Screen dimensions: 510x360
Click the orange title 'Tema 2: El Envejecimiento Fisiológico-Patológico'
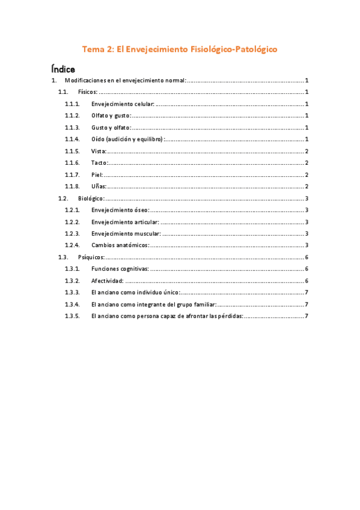(x=180, y=50)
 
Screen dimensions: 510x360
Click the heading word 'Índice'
(x=63, y=69)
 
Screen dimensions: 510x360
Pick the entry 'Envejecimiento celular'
(x=123, y=104)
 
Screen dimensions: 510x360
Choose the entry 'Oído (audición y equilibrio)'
(x=127, y=139)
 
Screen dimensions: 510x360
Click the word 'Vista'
(x=99, y=151)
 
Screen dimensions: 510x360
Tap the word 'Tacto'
(x=99, y=163)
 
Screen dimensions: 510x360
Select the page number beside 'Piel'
(x=307, y=174)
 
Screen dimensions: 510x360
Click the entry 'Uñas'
(x=99, y=186)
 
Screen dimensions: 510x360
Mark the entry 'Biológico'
(x=91, y=198)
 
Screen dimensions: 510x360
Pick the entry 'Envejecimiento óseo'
(x=120, y=210)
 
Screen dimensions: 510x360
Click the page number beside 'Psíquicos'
(x=307, y=257)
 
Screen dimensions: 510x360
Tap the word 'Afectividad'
(x=108, y=281)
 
